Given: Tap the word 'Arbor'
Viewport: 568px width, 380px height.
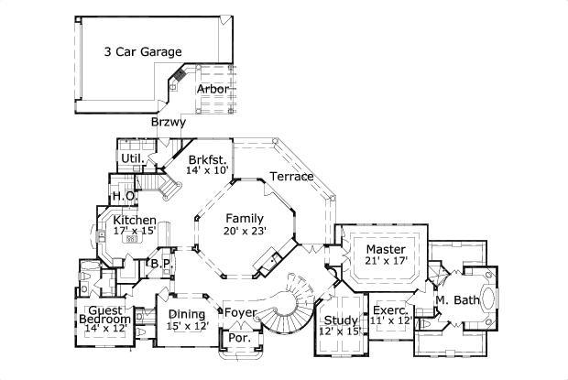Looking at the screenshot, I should [213, 90].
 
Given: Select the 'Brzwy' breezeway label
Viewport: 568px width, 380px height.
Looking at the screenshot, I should [169, 122].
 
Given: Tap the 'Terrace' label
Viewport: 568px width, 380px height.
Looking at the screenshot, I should [292, 176].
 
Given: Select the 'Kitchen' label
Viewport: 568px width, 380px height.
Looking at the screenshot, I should [134, 221].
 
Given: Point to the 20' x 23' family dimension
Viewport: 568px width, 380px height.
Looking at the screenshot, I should [245, 232].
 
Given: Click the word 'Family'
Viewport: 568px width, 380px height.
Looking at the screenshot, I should [246, 219].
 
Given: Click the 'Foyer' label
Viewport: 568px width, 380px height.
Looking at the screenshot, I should [241, 313].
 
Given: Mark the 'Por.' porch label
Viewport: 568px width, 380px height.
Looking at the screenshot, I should [238, 338].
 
